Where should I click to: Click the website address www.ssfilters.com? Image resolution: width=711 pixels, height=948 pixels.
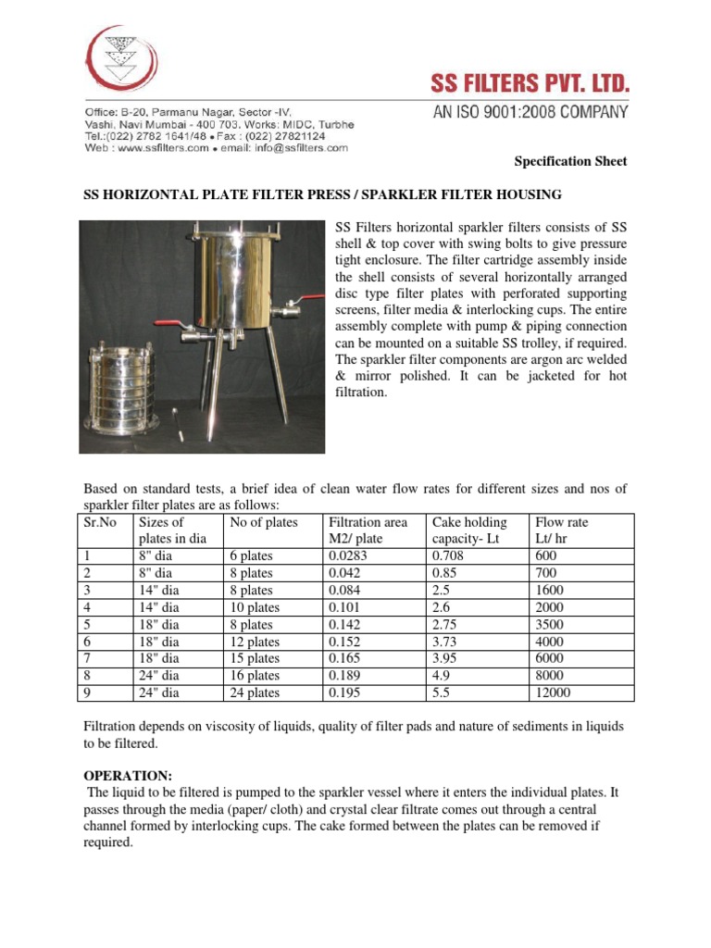point(161,147)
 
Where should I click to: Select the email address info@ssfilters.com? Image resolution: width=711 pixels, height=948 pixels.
point(294,147)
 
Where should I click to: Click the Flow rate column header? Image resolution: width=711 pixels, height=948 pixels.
point(562,522)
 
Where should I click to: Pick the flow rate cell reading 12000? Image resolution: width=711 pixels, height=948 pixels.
point(554,692)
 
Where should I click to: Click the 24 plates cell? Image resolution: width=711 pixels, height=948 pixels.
point(254,692)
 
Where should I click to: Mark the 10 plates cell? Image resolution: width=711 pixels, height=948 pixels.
point(254,607)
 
